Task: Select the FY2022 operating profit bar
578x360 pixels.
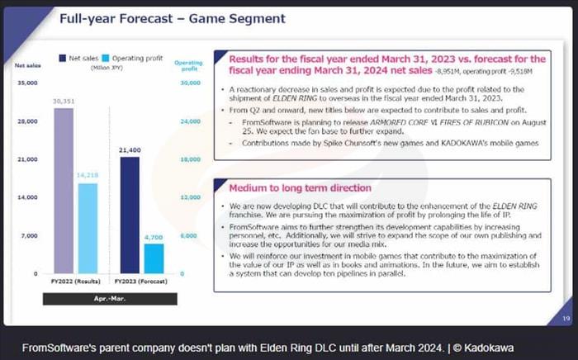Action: pyautogui.click(x=88, y=228)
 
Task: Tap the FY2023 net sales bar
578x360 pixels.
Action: pyautogui.click(x=130, y=215)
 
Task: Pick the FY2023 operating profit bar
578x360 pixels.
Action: pyautogui.click(x=153, y=258)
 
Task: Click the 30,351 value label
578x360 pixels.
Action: pyautogui.click(x=64, y=102)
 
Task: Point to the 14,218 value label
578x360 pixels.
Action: pyautogui.click(x=88, y=176)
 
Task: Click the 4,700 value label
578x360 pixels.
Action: pyautogui.click(x=154, y=237)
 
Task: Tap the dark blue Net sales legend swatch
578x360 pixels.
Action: pyautogui.click(x=63, y=59)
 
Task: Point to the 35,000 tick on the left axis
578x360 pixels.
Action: pyautogui.click(x=27, y=83)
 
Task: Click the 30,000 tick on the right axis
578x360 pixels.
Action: pyautogui.click(x=188, y=83)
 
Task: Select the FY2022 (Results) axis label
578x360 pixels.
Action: pyautogui.click(x=75, y=284)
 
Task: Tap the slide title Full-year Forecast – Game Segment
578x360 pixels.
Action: pyautogui.click(x=172, y=18)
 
